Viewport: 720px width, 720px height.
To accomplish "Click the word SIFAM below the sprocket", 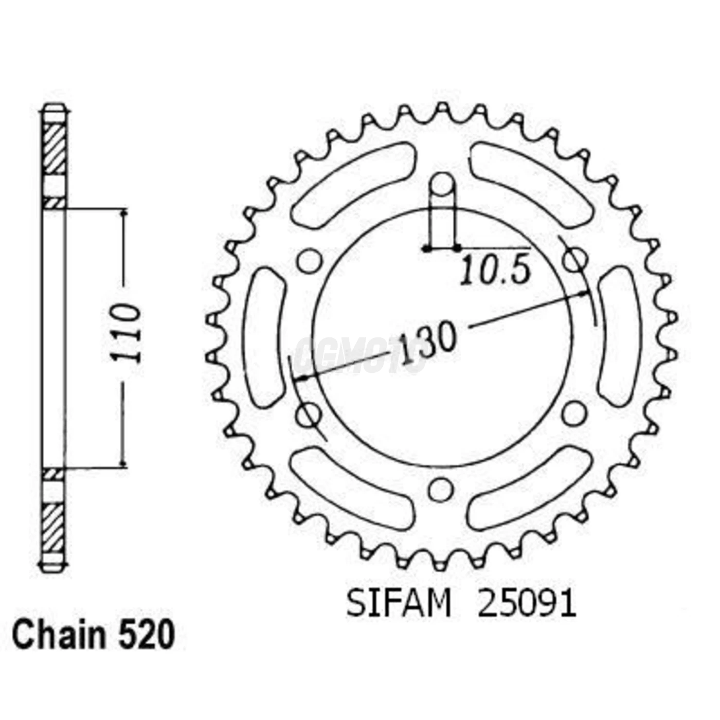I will click(x=399, y=604).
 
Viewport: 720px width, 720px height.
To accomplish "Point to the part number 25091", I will click(x=528, y=604).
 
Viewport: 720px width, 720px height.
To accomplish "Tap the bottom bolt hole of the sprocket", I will click(x=440, y=489).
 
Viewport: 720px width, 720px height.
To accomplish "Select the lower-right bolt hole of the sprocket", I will click(x=574, y=413).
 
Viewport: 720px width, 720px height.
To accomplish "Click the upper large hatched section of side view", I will click(x=53, y=149).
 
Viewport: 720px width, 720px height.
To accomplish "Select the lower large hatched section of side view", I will click(x=53, y=527).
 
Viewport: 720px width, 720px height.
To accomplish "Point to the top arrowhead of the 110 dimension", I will click(x=123, y=214).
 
